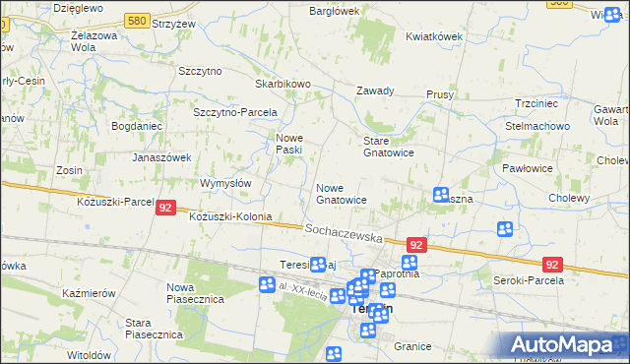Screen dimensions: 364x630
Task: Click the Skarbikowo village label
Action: (283, 85)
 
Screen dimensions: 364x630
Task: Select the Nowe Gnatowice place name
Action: (342, 193)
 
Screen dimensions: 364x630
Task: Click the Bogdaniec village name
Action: (143, 127)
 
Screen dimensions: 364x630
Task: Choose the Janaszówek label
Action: (160, 156)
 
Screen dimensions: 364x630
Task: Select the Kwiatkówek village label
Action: (433, 36)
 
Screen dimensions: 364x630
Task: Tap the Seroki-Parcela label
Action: (528, 280)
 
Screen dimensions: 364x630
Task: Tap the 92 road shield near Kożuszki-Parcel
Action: (165, 208)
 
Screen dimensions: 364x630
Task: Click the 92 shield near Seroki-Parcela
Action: (552, 264)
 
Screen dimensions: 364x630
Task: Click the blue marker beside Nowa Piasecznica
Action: (267, 285)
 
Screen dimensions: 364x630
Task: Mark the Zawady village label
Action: (375, 91)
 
